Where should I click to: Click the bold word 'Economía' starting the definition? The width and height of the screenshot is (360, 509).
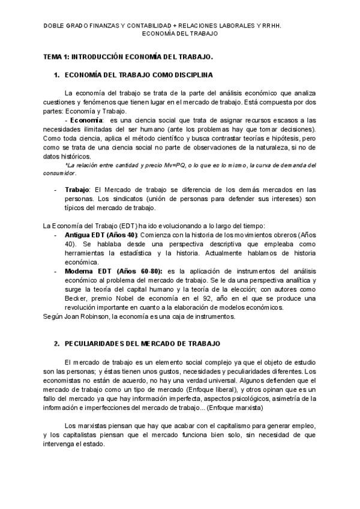pyautogui.click(x=86, y=120)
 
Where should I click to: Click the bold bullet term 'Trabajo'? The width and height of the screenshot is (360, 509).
pyautogui.click(x=76, y=189)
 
